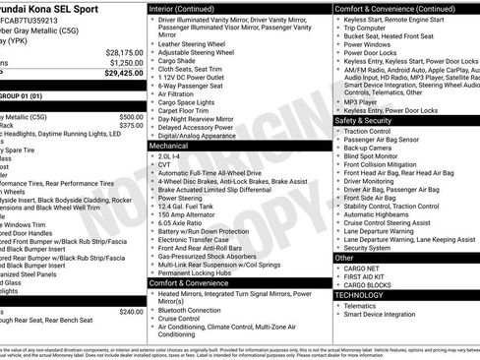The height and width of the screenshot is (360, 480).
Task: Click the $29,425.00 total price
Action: click(124, 73)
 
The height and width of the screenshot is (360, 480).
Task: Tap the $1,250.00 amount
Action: click(126, 62)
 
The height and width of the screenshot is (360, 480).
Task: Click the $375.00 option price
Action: click(131, 126)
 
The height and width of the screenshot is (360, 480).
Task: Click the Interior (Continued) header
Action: click(182, 7)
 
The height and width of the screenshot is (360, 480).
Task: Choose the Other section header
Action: click(344, 257)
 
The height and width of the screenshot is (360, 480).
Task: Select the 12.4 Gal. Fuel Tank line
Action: click(193, 206)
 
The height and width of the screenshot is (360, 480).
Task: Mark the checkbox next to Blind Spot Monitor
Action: click(337, 154)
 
